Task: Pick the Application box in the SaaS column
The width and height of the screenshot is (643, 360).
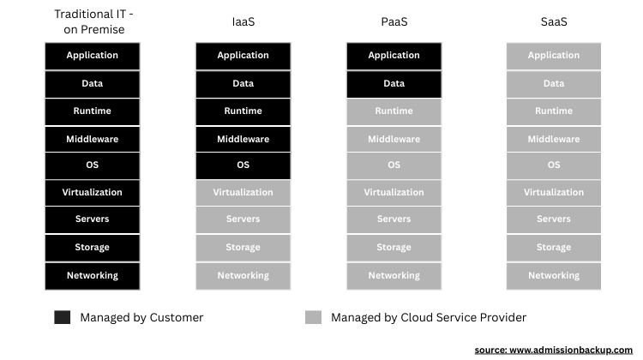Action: click(553, 56)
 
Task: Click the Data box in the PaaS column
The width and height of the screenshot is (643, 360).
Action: click(394, 84)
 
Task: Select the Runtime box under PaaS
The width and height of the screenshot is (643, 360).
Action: click(394, 111)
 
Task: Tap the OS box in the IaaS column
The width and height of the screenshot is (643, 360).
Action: click(243, 165)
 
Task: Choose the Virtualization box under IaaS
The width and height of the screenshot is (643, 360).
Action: click(243, 193)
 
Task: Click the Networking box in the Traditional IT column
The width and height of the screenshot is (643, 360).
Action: click(92, 276)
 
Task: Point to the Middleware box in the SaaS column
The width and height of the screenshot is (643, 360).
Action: click(553, 139)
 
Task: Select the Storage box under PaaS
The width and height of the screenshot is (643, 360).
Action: click(394, 248)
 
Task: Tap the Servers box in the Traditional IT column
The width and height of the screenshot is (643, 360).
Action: click(92, 219)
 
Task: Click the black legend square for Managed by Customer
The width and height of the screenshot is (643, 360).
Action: click(62, 317)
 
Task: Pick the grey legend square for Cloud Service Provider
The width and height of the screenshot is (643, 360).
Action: click(313, 317)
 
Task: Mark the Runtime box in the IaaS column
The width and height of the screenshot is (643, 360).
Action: click(243, 111)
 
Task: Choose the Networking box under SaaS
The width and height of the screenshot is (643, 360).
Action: click(553, 276)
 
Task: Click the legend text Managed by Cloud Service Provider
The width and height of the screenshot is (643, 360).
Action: click(428, 317)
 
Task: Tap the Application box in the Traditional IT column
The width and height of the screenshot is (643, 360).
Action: click(92, 56)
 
